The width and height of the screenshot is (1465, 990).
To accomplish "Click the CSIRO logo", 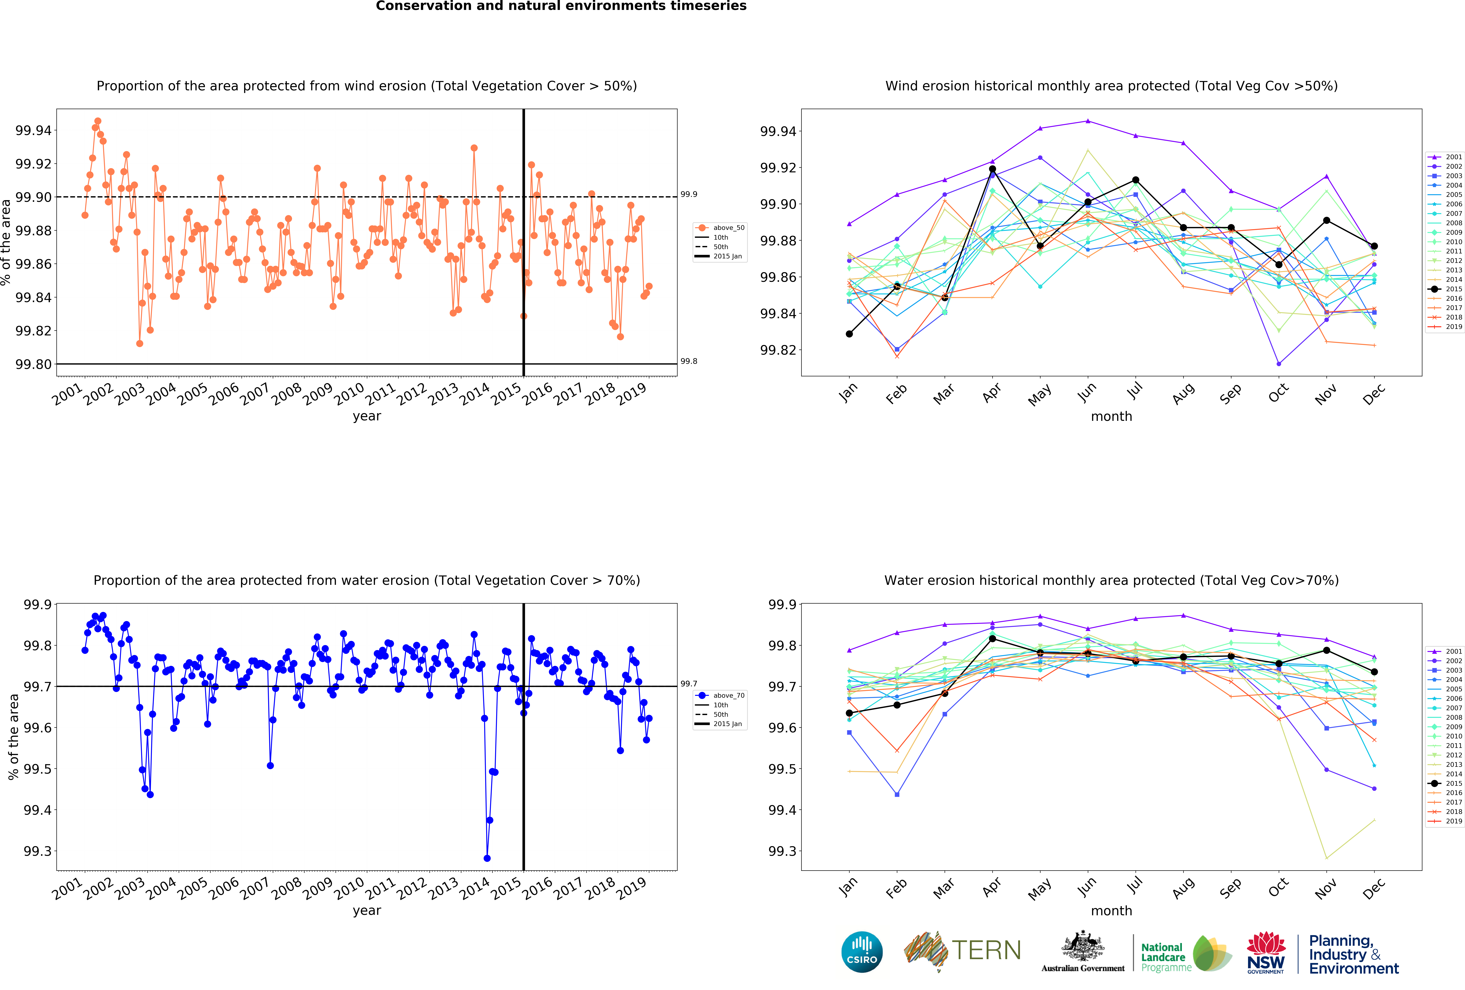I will tap(862, 952).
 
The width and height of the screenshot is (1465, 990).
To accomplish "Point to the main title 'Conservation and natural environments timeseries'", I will tap(561, 6).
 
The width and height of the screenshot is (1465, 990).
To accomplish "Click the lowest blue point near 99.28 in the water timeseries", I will tap(487, 858).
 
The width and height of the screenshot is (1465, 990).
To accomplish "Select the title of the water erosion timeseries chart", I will tap(367, 580).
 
